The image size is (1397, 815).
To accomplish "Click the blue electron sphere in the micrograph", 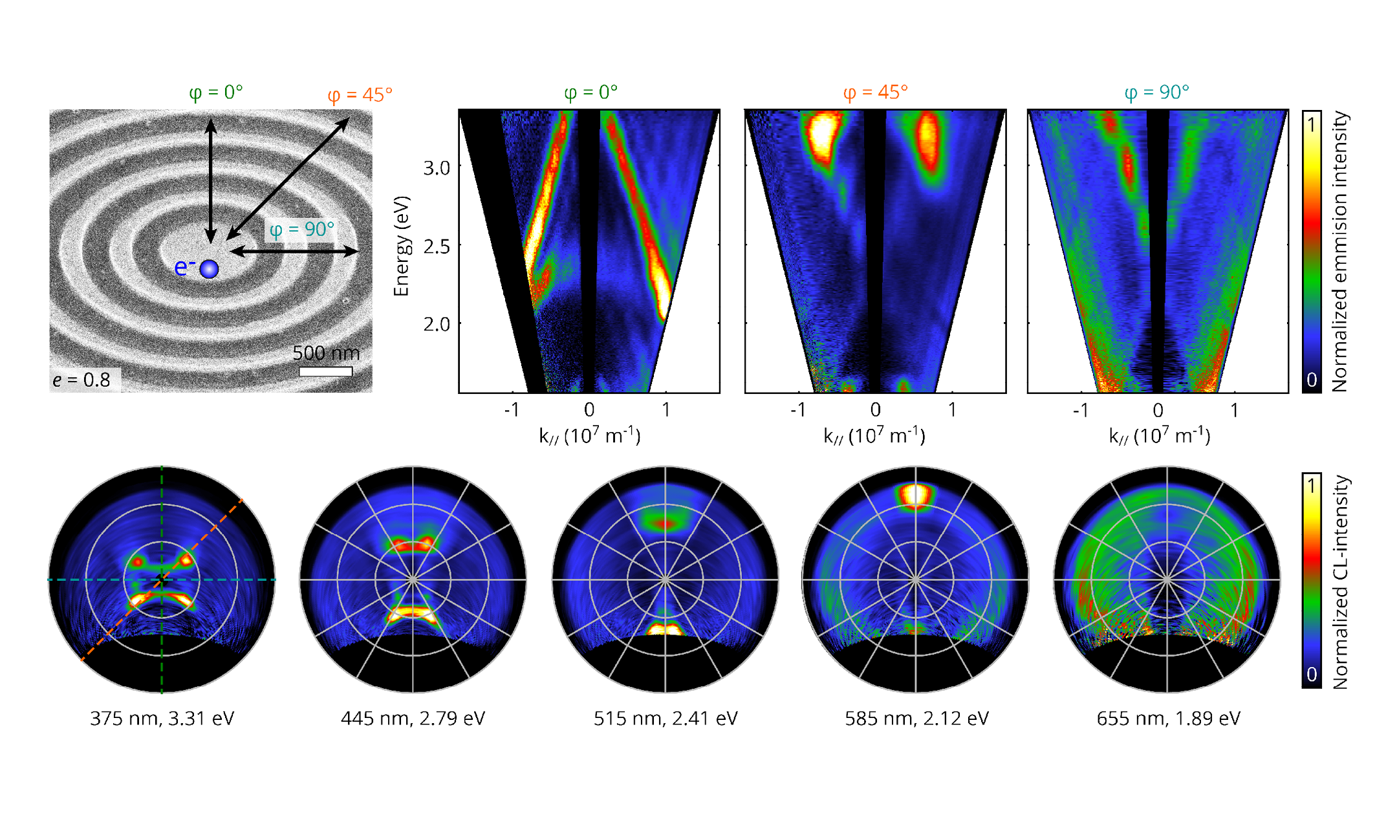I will pyautogui.click(x=209, y=269).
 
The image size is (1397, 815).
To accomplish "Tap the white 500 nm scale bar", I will pyautogui.click(x=326, y=371).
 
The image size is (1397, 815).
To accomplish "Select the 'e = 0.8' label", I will pyautogui.click(x=81, y=380).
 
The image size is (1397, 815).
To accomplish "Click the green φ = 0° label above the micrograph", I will pyautogui.click(x=216, y=92).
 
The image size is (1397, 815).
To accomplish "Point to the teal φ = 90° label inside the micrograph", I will pyautogui.click(x=301, y=230).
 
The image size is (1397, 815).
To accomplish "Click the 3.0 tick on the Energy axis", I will pyautogui.click(x=437, y=168).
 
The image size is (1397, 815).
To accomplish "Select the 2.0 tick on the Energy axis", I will pyautogui.click(x=437, y=323).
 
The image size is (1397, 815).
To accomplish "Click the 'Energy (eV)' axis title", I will pyautogui.click(x=402, y=246).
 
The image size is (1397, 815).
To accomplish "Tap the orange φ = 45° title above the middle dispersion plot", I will pyautogui.click(x=875, y=92).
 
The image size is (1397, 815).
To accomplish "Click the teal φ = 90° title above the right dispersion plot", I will pyautogui.click(x=1156, y=92).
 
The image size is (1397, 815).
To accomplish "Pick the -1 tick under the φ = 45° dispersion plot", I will pyautogui.click(x=798, y=410).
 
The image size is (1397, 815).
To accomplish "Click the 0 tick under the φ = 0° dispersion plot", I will pyautogui.click(x=589, y=410).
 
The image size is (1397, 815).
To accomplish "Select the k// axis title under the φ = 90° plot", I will pyautogui.click(x=1159, y=436).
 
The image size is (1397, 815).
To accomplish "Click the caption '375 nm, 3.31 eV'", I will pyautogui.click(x=162, y=719).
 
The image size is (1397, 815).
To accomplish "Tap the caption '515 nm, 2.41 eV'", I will pyautogui.click(x=666, y=719).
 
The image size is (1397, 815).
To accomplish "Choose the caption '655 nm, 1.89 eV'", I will pyautogui.click(x=1168, y=719).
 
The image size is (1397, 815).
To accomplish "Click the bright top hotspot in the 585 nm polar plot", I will pyautogui.click(x=915, y=495).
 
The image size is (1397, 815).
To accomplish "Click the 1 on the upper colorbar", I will pyautogui.click(x=1311, y=124).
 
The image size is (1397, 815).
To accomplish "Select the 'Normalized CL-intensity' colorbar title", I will pyautogui.click(x=1341, y=582).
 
